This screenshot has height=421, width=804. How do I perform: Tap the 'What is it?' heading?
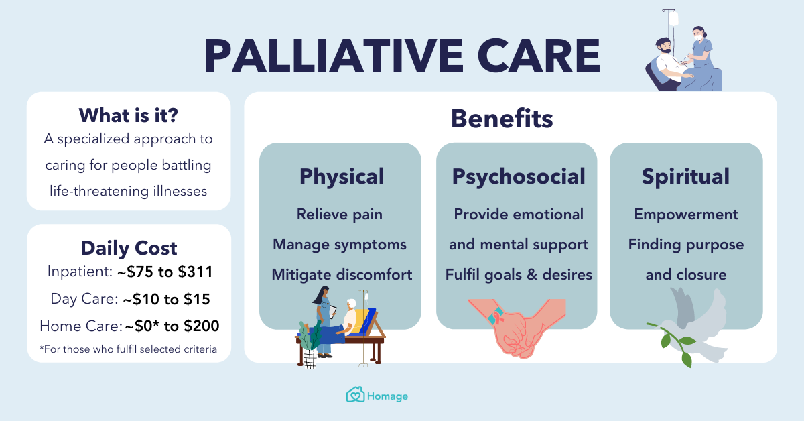coord(128,115)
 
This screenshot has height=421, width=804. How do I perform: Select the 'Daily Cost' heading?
coord(129,247)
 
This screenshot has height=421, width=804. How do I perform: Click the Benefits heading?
coord(501,119)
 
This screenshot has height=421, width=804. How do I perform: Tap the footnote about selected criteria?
coord(128,349)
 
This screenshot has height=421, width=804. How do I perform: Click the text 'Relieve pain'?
coord(340,215)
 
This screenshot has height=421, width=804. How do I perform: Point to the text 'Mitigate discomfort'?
coord(341,274)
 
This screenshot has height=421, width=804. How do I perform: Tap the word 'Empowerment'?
coord(685,215)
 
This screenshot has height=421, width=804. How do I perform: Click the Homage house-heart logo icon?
coord(354,396)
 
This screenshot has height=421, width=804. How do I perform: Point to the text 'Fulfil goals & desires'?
coord(518,274)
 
